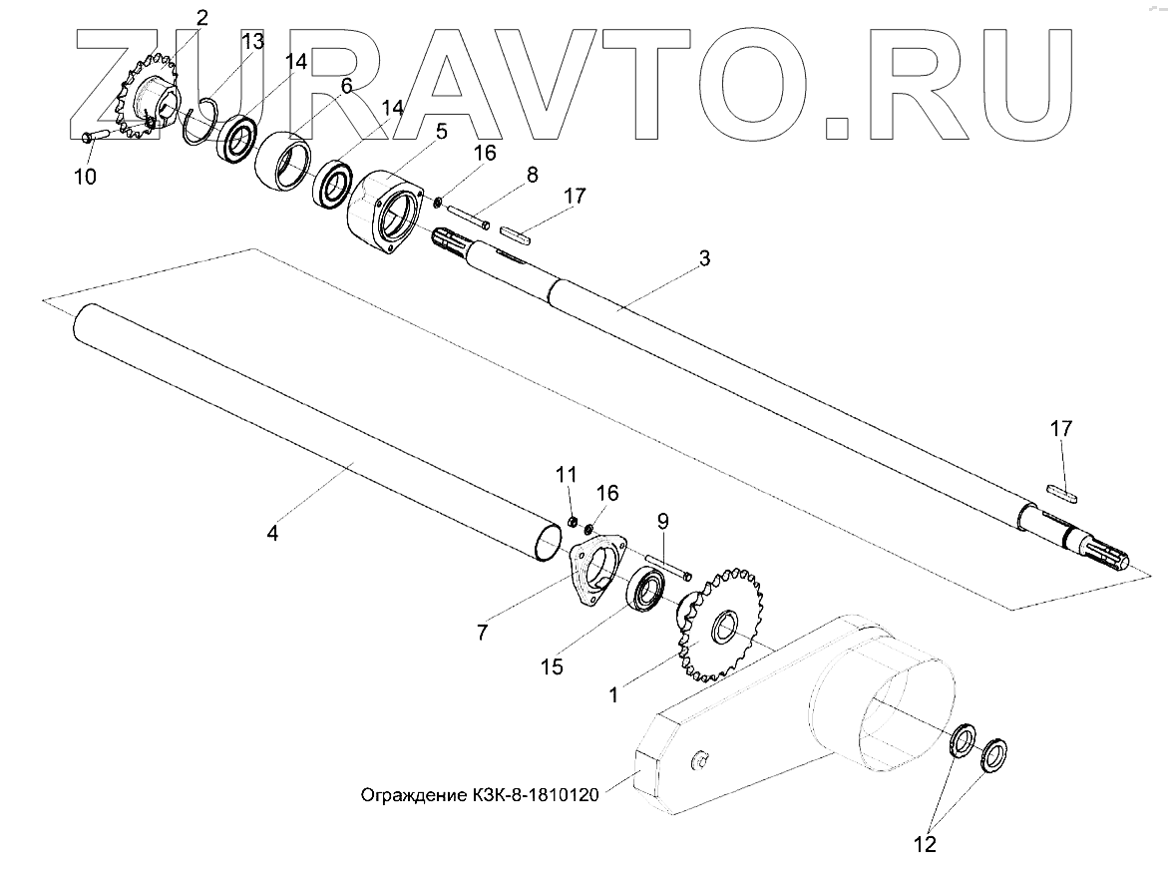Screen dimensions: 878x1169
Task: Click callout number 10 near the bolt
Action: click(85, 178)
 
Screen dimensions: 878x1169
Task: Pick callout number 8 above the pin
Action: click(533, 175)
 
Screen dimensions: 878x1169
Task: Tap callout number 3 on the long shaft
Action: click(704, 258)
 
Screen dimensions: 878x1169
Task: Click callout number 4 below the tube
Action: click(272, 532)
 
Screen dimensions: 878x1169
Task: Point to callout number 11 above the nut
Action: click(567, 472)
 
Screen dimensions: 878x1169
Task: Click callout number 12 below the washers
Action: click(925, 845)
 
